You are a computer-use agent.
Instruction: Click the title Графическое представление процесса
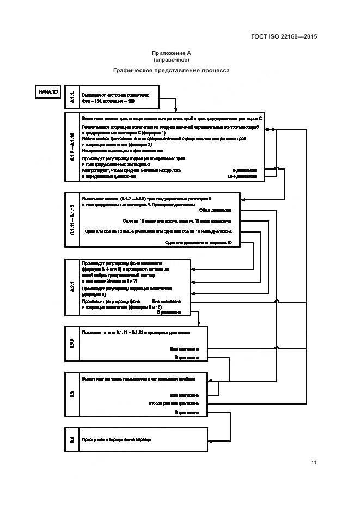pos(171,70)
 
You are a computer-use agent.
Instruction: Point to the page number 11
pos(314,463)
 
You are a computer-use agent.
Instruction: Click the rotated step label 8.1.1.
pos(72,97)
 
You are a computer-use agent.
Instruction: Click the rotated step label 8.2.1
pos(72,287)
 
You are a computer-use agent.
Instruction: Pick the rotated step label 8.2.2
pos(72,343)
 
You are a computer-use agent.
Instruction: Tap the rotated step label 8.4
pos(72,439)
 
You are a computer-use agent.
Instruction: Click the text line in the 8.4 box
pos(117,439)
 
